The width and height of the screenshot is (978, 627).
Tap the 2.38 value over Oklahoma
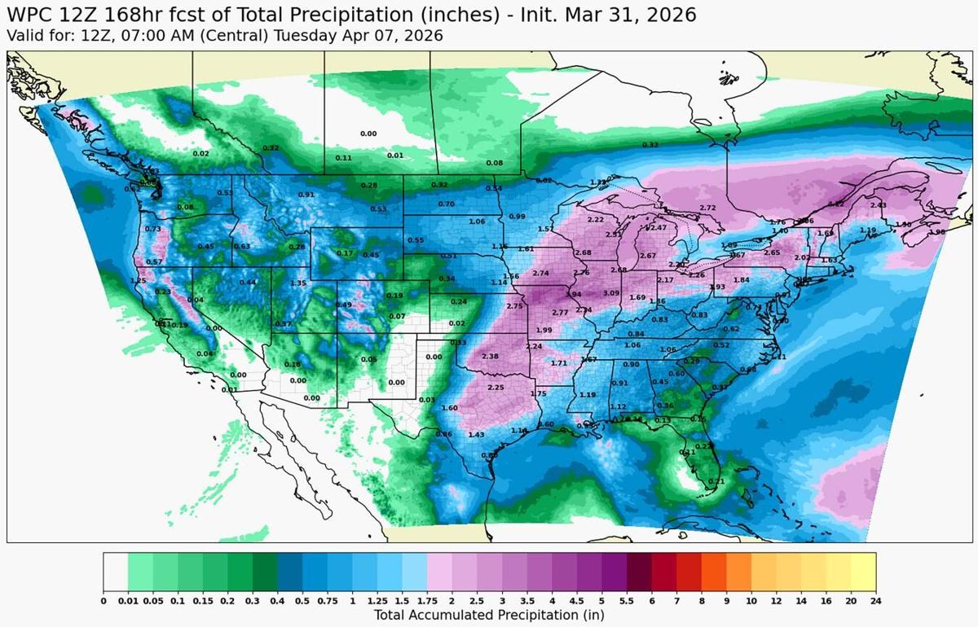pyautogui.click(x=490, y=357)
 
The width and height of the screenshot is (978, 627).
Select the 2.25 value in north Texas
pyautogui.click(x=496, y=388)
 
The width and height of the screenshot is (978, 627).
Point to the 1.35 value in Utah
pyautogui.click(x=298, y=283)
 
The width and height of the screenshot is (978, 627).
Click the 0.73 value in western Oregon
pyautogui.click(x=152, y=229)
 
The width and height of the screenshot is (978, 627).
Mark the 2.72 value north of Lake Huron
pyautogui.click(x=707, y=208)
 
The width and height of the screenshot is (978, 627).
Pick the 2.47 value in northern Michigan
pyautogui.click(x=658, y=228)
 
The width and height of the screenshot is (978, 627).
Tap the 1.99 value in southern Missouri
pyautogui.click(x=544, y=330)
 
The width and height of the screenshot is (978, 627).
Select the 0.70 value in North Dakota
pyautogui.click(x=446, y=204)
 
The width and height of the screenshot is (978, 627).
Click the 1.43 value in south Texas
pyautogui.click(x=476, y=435)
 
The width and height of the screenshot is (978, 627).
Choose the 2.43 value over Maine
pyautogui.click(x=878, y=205)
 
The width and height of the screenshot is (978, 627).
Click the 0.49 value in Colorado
pyautogui.click(x=344, y=305)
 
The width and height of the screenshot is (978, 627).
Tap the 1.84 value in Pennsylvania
pyautogui.click(x=741, y=280)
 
